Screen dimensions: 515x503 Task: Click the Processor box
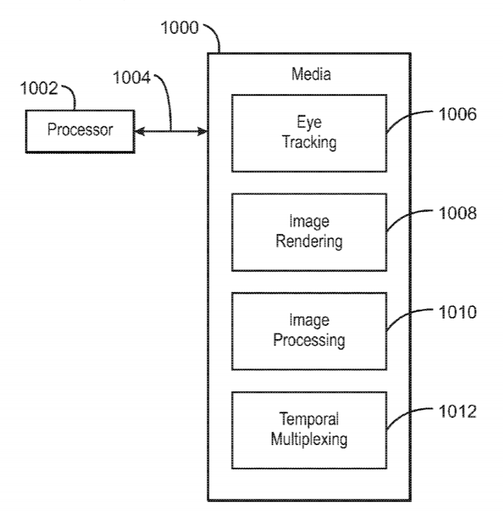tap(79, 131)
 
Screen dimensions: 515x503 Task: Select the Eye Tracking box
tap(309, 132)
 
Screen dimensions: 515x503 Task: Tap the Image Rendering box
tap(309, 232)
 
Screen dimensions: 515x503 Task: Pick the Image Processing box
tap(309, 331)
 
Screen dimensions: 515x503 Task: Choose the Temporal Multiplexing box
tap(309, 430)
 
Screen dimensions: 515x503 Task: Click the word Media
tap(310, 74)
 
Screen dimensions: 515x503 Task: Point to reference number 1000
tap(179, 30)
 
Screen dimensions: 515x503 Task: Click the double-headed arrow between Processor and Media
tap(171, 132)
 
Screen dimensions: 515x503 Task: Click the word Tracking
tap(309, 143)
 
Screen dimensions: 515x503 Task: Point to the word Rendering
tap(309, 242)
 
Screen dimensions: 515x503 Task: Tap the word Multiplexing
tap(309, 441)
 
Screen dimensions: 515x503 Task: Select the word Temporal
tap(309, 420)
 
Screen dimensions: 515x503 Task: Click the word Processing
tap(309, 341)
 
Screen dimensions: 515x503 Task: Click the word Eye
tap(309, 123)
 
